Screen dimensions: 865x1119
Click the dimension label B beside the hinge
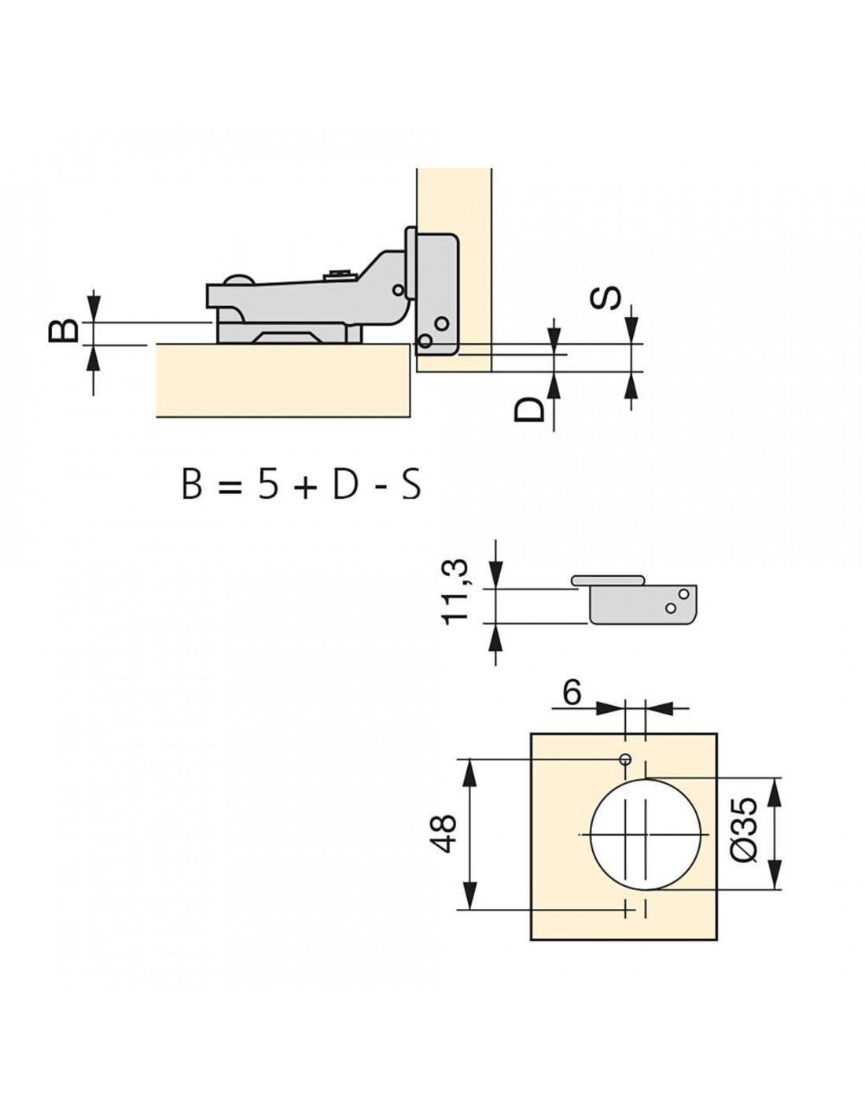click(63, 331)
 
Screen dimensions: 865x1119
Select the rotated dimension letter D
click(529, 409)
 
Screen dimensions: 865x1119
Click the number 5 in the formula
click(269, 482)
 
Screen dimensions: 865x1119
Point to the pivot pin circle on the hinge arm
click(398, 290)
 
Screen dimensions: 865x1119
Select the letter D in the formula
click(344, 482)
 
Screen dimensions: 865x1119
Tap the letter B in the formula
click(191, 482)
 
